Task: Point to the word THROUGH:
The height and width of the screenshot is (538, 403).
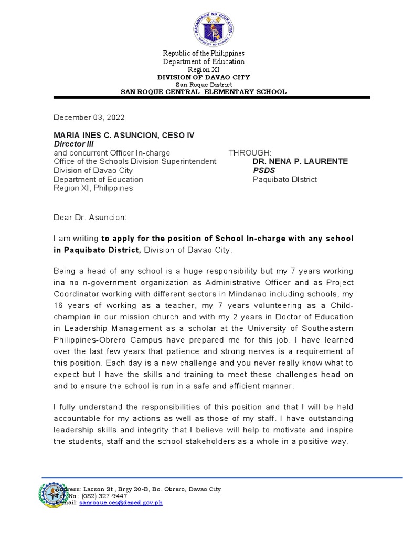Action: (250, 153)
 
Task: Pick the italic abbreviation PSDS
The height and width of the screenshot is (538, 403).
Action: (264, 170)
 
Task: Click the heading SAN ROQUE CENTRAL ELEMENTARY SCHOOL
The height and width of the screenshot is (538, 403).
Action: (204, 92)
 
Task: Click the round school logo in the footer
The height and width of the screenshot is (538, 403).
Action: (54, 495)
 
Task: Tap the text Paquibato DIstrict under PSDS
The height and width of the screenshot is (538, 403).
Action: (284, 179)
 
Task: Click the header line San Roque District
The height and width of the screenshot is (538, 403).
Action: (204, 85)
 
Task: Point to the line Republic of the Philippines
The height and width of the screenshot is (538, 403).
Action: (204, 54)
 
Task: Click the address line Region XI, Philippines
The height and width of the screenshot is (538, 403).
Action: (93, 188)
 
